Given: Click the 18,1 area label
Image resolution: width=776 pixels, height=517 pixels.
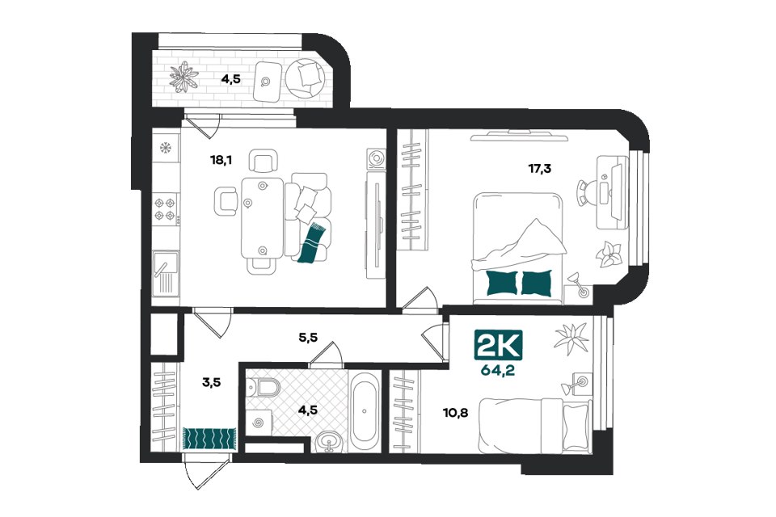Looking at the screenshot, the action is (x=221, y=160).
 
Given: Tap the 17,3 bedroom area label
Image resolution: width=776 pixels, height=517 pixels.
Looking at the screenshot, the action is (x=539, y=169).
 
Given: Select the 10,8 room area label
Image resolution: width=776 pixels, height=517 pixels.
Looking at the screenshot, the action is (x=456, y=412).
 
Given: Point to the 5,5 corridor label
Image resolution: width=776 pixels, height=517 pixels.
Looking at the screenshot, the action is (x=307, y=338).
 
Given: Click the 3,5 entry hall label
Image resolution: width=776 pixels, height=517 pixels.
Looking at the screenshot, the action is (x=211, y=382).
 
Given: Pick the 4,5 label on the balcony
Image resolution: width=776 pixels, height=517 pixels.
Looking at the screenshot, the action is (x=230, y=78).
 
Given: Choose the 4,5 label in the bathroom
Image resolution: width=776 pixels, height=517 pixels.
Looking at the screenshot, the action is (x=308, y=410).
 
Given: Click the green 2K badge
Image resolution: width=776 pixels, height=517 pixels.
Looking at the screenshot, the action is (x=498, y=344).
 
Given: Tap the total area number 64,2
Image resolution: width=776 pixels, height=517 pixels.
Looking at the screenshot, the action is (x=497, y=370).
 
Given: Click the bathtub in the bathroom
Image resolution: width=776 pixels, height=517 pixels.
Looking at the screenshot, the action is (x=365, y=410).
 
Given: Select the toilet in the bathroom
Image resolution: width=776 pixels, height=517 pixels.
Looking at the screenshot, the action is (x=263, y=386).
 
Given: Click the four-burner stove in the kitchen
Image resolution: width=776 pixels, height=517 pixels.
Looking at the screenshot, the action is (x=165, y=208).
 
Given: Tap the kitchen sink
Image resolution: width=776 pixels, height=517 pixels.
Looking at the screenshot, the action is (x=165, y=272).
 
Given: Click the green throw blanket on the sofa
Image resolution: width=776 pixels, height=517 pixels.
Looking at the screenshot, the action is (x=312, y=242).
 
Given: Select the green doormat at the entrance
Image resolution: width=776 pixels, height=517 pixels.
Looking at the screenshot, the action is (x=210, y=437).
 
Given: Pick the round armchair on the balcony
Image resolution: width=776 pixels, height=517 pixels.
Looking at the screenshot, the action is (x=306, y=78).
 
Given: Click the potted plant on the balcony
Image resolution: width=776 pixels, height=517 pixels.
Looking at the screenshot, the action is (x=184, y=77).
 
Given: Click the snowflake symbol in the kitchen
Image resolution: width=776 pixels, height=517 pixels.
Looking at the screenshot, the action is (x=165, y=147).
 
